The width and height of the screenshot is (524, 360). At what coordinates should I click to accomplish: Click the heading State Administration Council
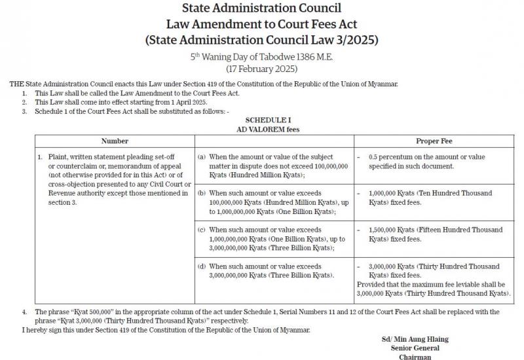[261, 9]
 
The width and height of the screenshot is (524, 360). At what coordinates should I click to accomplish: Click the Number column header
[115, 141]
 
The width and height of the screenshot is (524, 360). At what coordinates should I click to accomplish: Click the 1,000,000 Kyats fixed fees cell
[432, 198]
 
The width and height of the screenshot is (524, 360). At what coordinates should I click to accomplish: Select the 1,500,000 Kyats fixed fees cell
[432, 234]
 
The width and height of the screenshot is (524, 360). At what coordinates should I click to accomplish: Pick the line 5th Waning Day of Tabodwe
[261, 58]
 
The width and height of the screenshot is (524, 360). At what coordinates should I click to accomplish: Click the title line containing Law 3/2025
[261, 41]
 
